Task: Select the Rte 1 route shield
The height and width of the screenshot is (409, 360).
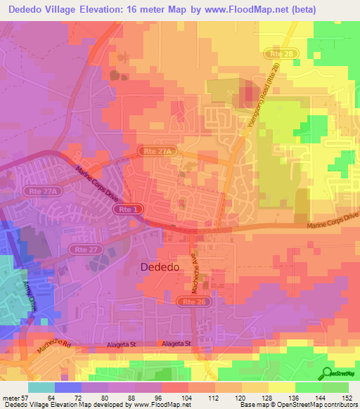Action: (127, 209)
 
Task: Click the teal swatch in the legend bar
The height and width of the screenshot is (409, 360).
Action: (41, 387)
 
